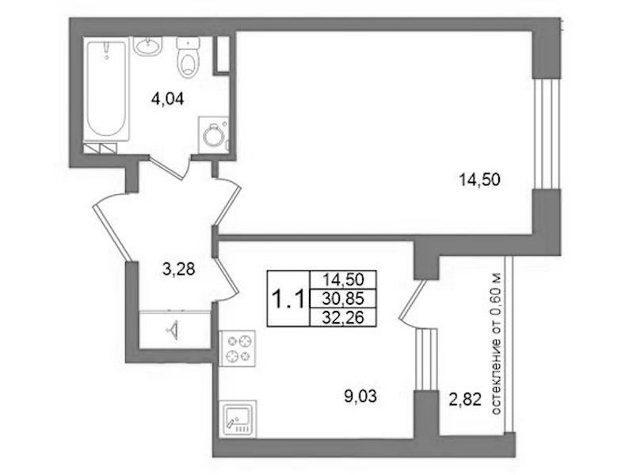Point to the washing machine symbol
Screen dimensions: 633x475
coord(214,135)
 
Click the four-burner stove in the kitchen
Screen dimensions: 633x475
coord(238,348)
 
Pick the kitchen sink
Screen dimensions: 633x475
coord(238,419)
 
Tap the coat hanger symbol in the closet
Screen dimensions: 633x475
coord(173,330)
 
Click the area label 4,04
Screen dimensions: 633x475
coord(167,98)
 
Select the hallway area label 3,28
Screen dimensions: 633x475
coord(178,269)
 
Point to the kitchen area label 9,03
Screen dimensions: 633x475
coord(360,396)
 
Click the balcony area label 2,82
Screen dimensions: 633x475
coord(465,400)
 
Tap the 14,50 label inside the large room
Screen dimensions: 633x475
coord(479,179)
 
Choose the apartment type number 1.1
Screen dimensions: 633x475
coord(288,299)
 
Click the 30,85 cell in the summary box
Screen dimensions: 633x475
coord(343,298)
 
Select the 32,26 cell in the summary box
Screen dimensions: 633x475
coord(343,317)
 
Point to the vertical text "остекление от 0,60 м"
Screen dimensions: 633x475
coord(496,344)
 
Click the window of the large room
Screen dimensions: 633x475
coord(546,133)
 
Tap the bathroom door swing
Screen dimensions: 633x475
coord(170,169)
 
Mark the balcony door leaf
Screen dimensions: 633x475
coord(413,300)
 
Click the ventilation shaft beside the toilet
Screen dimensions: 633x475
coord(221,55)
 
